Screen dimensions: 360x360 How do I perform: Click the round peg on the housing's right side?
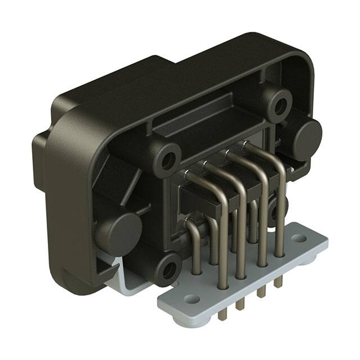[307, 138]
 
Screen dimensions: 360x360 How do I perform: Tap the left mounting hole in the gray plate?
[192, 299]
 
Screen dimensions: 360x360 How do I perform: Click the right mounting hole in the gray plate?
[299, 238]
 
